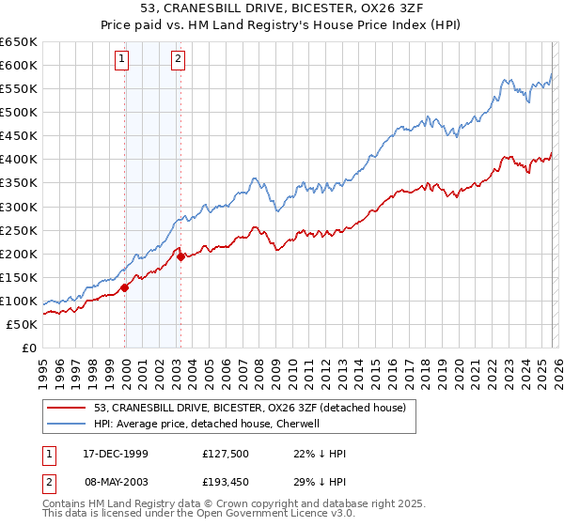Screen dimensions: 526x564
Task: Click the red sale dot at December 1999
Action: coord(125,287)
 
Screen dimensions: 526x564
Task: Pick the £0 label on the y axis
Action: coord(28,348)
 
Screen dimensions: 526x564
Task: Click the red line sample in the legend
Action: coord(69,408)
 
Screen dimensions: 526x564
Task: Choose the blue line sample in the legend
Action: coord(69,424)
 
